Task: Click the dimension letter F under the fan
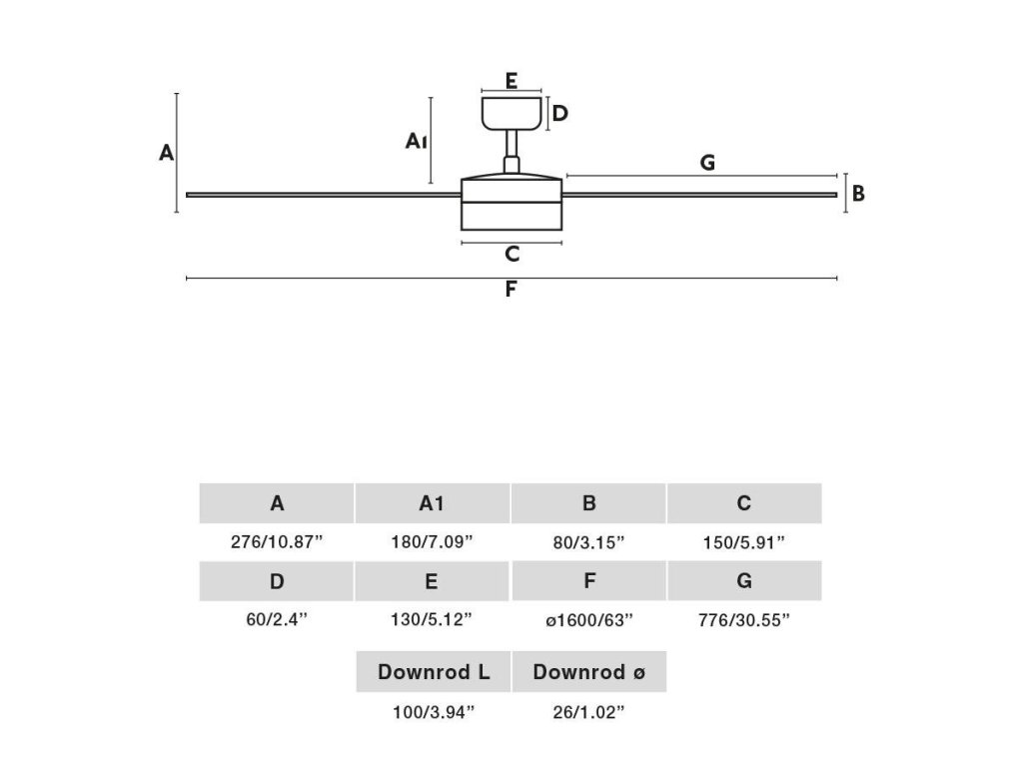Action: (511, 291)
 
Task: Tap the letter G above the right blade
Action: (707, 163)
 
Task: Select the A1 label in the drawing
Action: (417, 142)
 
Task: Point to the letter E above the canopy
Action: (511, 81)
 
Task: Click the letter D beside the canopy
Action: (560, 113)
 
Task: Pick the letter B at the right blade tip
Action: (858, 194)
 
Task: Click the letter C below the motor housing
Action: (511, 255)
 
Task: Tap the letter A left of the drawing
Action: (167, 153)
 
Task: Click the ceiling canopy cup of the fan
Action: (511, 113)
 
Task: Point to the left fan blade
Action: (320, 195)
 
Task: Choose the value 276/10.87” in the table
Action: (277, 542)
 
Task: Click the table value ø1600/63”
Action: (589, 620)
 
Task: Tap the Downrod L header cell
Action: (434, 672)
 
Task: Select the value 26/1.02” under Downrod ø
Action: (589, 712)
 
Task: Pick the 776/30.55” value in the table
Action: (744, 620)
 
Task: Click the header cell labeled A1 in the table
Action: (433, 503)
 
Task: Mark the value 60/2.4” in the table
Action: (277, 620)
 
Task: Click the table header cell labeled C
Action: (744, 503)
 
